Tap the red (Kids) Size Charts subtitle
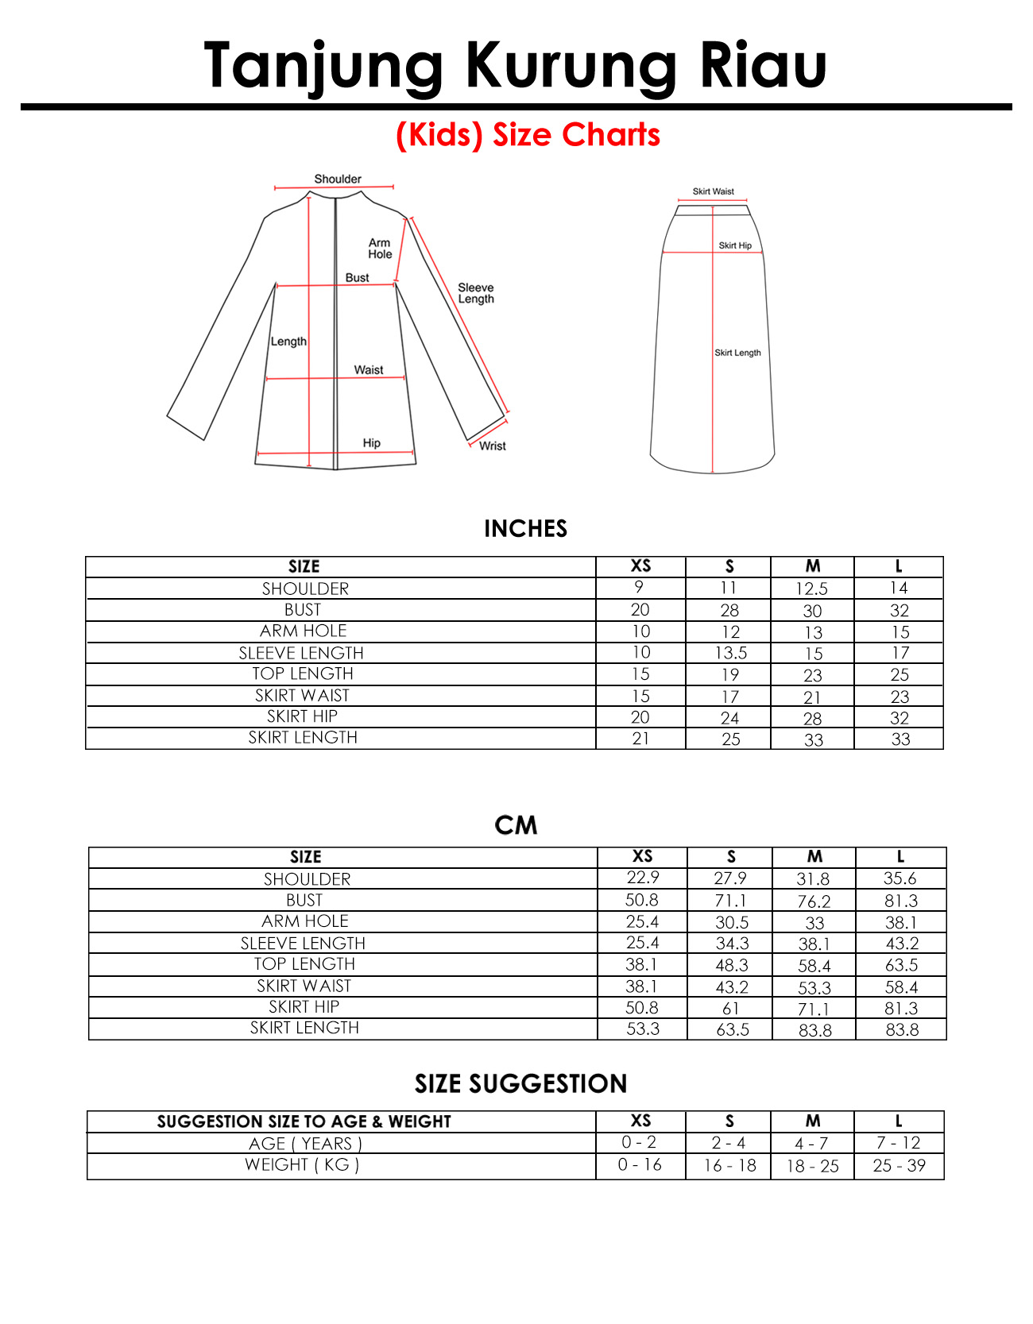(528, 135)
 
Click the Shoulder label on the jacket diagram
(337, 179)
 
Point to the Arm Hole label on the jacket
(380, 249)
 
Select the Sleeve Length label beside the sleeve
(475, 293)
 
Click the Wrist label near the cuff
(492, 446)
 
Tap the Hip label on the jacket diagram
(371, 443)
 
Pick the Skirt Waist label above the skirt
(713, 191)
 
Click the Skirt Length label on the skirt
(737, 353)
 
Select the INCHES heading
(525, 529)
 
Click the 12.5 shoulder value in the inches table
(811, 589)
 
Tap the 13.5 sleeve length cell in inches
(730, 653)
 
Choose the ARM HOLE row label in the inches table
(304, 631)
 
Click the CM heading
(516, 825)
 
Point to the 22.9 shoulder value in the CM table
(642, 878)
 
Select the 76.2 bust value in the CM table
(814, 901)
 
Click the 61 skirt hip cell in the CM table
(730, 1008)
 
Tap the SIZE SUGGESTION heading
(520, 1083)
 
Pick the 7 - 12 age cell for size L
(898, 1143)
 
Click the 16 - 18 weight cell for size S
(729, 1165)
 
